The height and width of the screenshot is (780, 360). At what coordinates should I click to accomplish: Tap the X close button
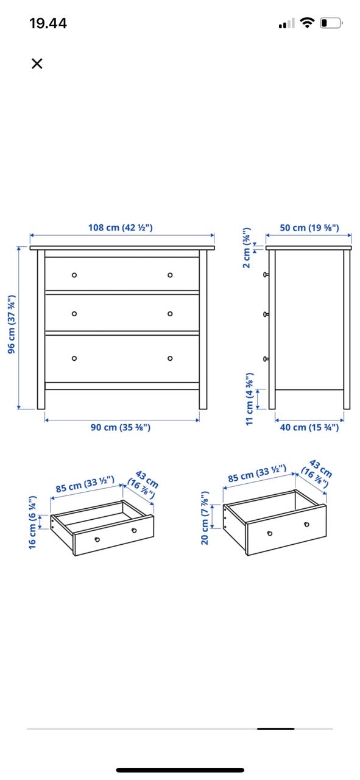(37, 64)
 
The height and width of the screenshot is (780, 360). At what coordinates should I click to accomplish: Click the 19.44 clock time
(48, 23)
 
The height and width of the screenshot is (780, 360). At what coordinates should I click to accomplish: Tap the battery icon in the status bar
(331, 23)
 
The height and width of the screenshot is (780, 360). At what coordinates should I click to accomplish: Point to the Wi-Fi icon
(307, 23)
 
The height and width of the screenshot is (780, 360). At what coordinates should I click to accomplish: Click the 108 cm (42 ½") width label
(121, 228)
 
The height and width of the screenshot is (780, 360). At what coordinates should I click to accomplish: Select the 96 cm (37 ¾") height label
(12, 324)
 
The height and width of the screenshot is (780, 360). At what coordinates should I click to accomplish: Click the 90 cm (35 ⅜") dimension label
(121, 427)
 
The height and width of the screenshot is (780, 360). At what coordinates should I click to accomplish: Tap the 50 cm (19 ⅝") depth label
(309, 228)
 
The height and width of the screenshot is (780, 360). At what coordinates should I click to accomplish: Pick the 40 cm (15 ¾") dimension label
(309, 427)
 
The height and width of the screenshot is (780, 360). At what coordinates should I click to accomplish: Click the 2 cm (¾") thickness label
(247, 247)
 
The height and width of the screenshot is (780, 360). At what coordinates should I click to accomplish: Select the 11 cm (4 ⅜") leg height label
(249, 399)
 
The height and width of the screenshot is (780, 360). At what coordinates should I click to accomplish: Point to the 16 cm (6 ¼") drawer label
(32, 522)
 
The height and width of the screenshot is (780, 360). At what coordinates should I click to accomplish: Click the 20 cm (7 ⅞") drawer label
(205, 518)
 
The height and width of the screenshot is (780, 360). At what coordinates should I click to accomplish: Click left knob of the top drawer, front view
(74, 275)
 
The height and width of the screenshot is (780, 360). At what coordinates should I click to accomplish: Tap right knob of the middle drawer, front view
(170, 314)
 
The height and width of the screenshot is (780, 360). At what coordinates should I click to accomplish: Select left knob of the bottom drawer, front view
(74, 358)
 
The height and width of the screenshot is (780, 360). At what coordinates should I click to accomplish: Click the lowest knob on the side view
(266, 359)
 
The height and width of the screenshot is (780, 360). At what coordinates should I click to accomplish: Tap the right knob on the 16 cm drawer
(134, 531)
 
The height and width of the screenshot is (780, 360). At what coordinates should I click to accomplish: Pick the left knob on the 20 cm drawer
(270, 533)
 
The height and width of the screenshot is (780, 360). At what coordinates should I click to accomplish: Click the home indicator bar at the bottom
(180, 770)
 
